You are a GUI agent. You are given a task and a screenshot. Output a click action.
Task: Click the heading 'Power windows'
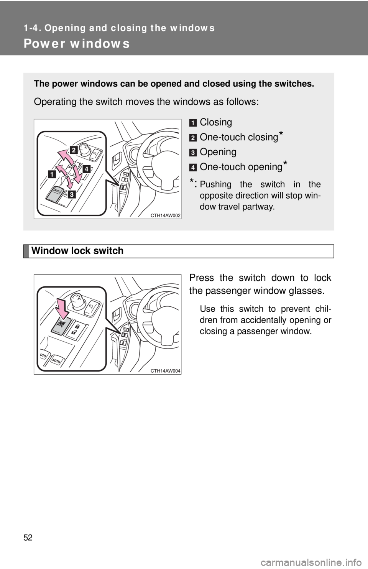[x=76, y=44]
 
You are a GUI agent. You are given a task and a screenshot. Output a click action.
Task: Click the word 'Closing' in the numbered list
[x=216, y=122]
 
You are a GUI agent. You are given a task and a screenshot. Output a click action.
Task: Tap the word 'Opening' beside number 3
[x=218, y=152]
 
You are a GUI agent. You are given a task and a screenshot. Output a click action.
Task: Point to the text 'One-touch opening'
[x=241, y=167]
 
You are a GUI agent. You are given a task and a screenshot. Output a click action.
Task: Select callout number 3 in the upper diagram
[x=72, y=194]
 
